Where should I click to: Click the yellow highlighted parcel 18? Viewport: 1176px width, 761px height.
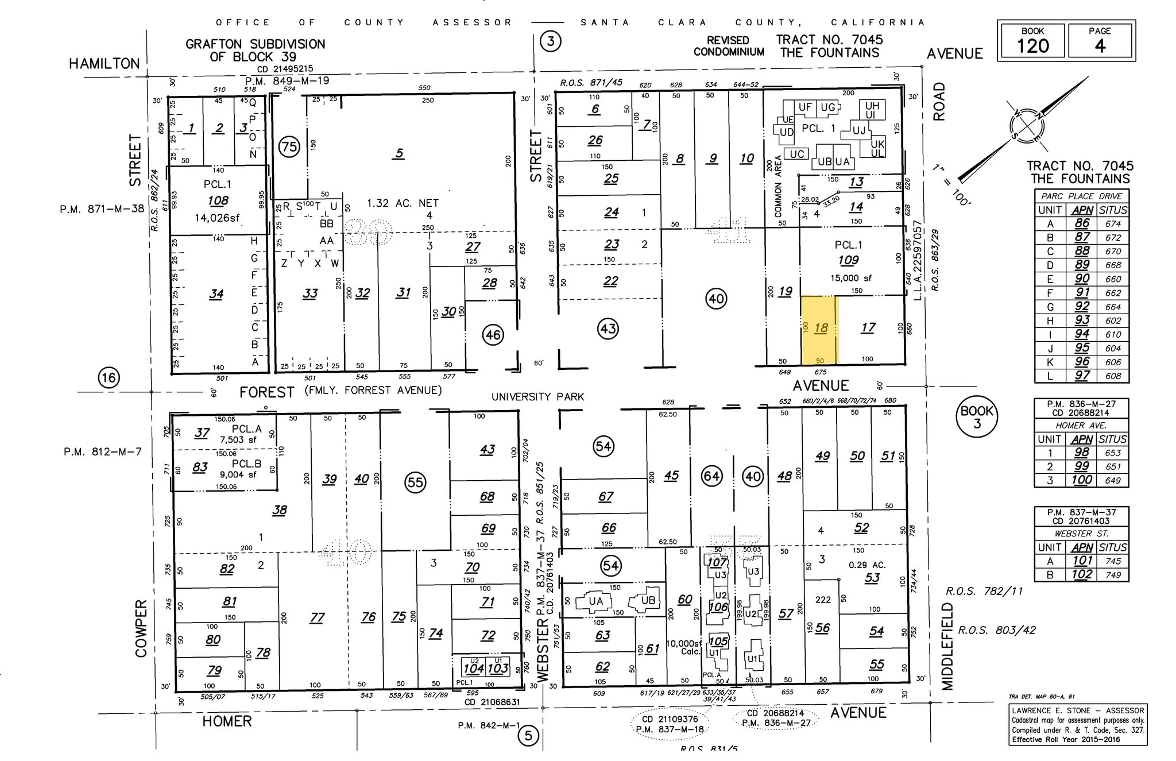point(819,330)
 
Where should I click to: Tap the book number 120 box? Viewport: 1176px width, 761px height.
point(1032,41)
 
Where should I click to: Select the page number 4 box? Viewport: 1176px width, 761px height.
point(1099,41)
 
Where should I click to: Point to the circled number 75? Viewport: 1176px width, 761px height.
point(289,147)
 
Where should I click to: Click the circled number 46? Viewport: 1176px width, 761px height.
point(493,335)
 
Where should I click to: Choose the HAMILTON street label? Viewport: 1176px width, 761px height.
point(105,64)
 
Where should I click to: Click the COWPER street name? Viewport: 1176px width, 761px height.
point(141,628)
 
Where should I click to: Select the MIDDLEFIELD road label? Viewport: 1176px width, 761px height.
point(947,646)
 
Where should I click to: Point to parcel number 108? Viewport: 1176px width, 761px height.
point(218,200)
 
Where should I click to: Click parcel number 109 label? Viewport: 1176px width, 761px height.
point(848,260)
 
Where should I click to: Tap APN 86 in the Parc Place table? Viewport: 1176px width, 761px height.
point(1082,224)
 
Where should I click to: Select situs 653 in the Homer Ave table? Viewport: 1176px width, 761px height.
point(1113,453)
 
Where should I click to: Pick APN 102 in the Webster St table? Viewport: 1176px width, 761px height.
point(1082,574)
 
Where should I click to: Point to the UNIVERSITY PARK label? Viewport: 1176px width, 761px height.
point(537,397)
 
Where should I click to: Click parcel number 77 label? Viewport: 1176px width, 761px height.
point(317,617)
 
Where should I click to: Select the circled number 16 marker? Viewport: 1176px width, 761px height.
point(109,377)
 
